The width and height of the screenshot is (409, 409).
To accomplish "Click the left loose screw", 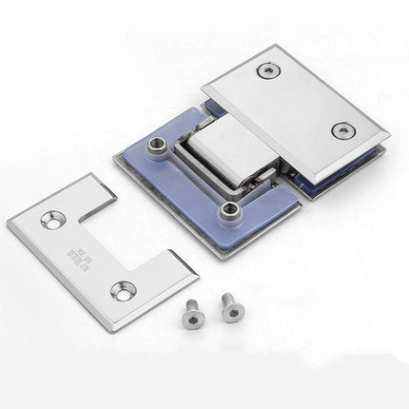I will (194, 314).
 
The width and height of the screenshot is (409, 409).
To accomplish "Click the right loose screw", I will (229, 305).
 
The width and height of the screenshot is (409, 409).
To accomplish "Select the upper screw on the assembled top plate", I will (269, 70).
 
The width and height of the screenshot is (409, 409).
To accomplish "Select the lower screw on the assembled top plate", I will (341, 131).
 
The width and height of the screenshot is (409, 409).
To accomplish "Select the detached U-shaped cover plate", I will (67, 238).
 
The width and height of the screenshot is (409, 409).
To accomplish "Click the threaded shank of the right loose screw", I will (231, 313).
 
